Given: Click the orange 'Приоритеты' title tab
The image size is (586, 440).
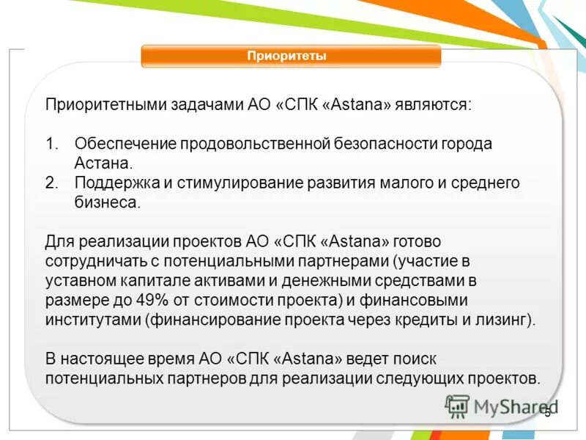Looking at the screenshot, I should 291,56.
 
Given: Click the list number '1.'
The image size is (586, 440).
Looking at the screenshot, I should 51,144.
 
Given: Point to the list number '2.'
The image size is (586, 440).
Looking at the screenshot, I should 51,183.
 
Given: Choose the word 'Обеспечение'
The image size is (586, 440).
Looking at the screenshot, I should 117,144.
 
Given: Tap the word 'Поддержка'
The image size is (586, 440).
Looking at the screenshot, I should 110,183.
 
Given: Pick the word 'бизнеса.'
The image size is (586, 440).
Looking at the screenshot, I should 107,202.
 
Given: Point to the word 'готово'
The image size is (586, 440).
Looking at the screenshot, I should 418,242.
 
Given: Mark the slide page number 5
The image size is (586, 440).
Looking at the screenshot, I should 547,414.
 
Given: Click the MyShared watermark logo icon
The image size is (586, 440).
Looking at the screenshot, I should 458,406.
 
